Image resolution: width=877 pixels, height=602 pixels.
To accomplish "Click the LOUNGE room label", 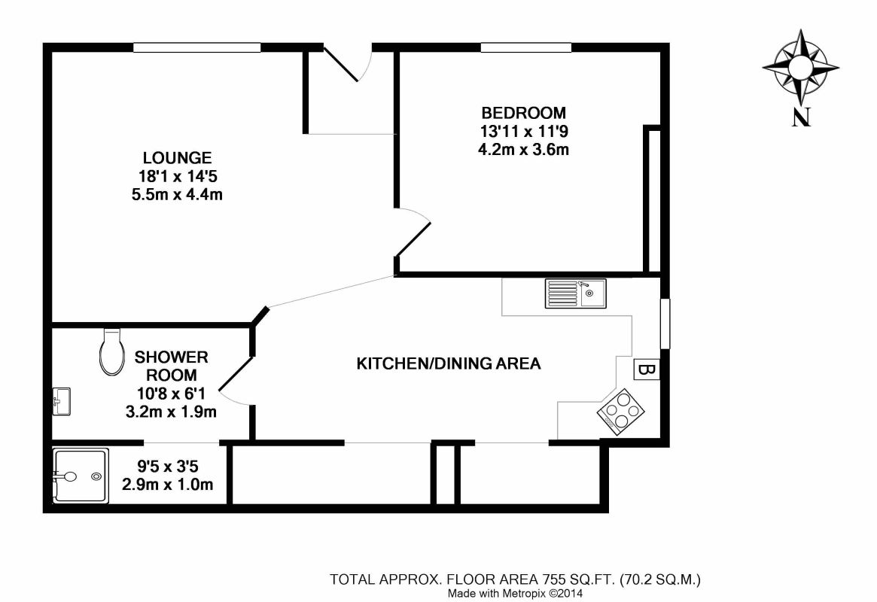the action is coord(178,157).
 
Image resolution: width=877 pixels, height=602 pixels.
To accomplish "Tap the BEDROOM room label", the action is coord(523,113).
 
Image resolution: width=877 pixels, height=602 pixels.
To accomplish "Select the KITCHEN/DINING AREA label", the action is coord(449,364).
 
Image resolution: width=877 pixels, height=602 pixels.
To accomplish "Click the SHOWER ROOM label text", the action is coord(171,366).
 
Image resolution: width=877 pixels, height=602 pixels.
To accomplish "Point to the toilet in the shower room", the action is coord(111,351).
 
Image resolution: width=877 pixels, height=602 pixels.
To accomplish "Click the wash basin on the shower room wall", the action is coord(61,401).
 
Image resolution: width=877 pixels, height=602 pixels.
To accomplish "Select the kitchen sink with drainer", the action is coord(576,293).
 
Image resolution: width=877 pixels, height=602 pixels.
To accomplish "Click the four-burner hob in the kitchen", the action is coord(621,412).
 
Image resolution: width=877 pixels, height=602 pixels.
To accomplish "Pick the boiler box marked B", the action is coord(647,369).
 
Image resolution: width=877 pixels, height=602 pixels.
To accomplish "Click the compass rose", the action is coord(801,68).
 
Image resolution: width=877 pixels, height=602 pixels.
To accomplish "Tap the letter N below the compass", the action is coord(801,117).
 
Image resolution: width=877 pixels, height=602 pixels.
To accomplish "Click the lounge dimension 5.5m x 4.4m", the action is coord(177,195).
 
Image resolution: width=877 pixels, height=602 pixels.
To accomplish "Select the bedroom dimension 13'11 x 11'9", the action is coord(523,132).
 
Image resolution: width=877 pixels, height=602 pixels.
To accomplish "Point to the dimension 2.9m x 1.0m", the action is coord(168,484).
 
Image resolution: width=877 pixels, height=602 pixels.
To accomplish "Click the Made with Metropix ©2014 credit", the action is coord(515,594).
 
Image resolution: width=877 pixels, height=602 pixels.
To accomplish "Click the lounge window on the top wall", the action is coord(197,47).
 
